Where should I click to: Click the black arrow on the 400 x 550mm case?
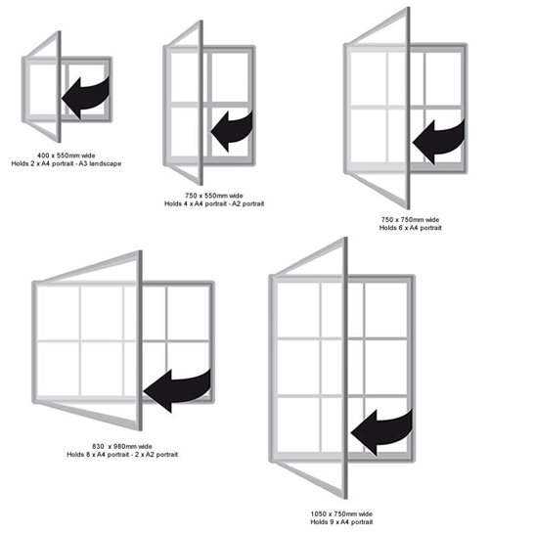coord(87,97)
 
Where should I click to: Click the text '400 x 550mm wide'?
coord(67,156)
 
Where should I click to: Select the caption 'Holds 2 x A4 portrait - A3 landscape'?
coord(67,163)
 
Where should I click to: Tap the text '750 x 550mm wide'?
coord(214,196)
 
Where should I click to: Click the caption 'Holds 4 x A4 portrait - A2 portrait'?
coord(214,204)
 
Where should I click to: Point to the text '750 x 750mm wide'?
coord(410,220)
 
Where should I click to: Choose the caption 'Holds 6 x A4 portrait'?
coord(411,228)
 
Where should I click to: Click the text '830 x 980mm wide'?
coord(122,446)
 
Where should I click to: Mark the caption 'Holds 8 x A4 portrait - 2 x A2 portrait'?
coord(122,455)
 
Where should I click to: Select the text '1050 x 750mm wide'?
coord(341,513)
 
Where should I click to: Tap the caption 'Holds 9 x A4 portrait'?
coord(341,522)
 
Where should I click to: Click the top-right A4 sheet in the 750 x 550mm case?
coord(230,77)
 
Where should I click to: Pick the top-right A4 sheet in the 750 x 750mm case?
coord(443,79)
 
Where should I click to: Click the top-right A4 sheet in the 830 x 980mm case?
coord(188,313)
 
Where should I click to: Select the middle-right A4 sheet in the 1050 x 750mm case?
coord(386,367)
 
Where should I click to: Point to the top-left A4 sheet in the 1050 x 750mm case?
coord(298,310)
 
